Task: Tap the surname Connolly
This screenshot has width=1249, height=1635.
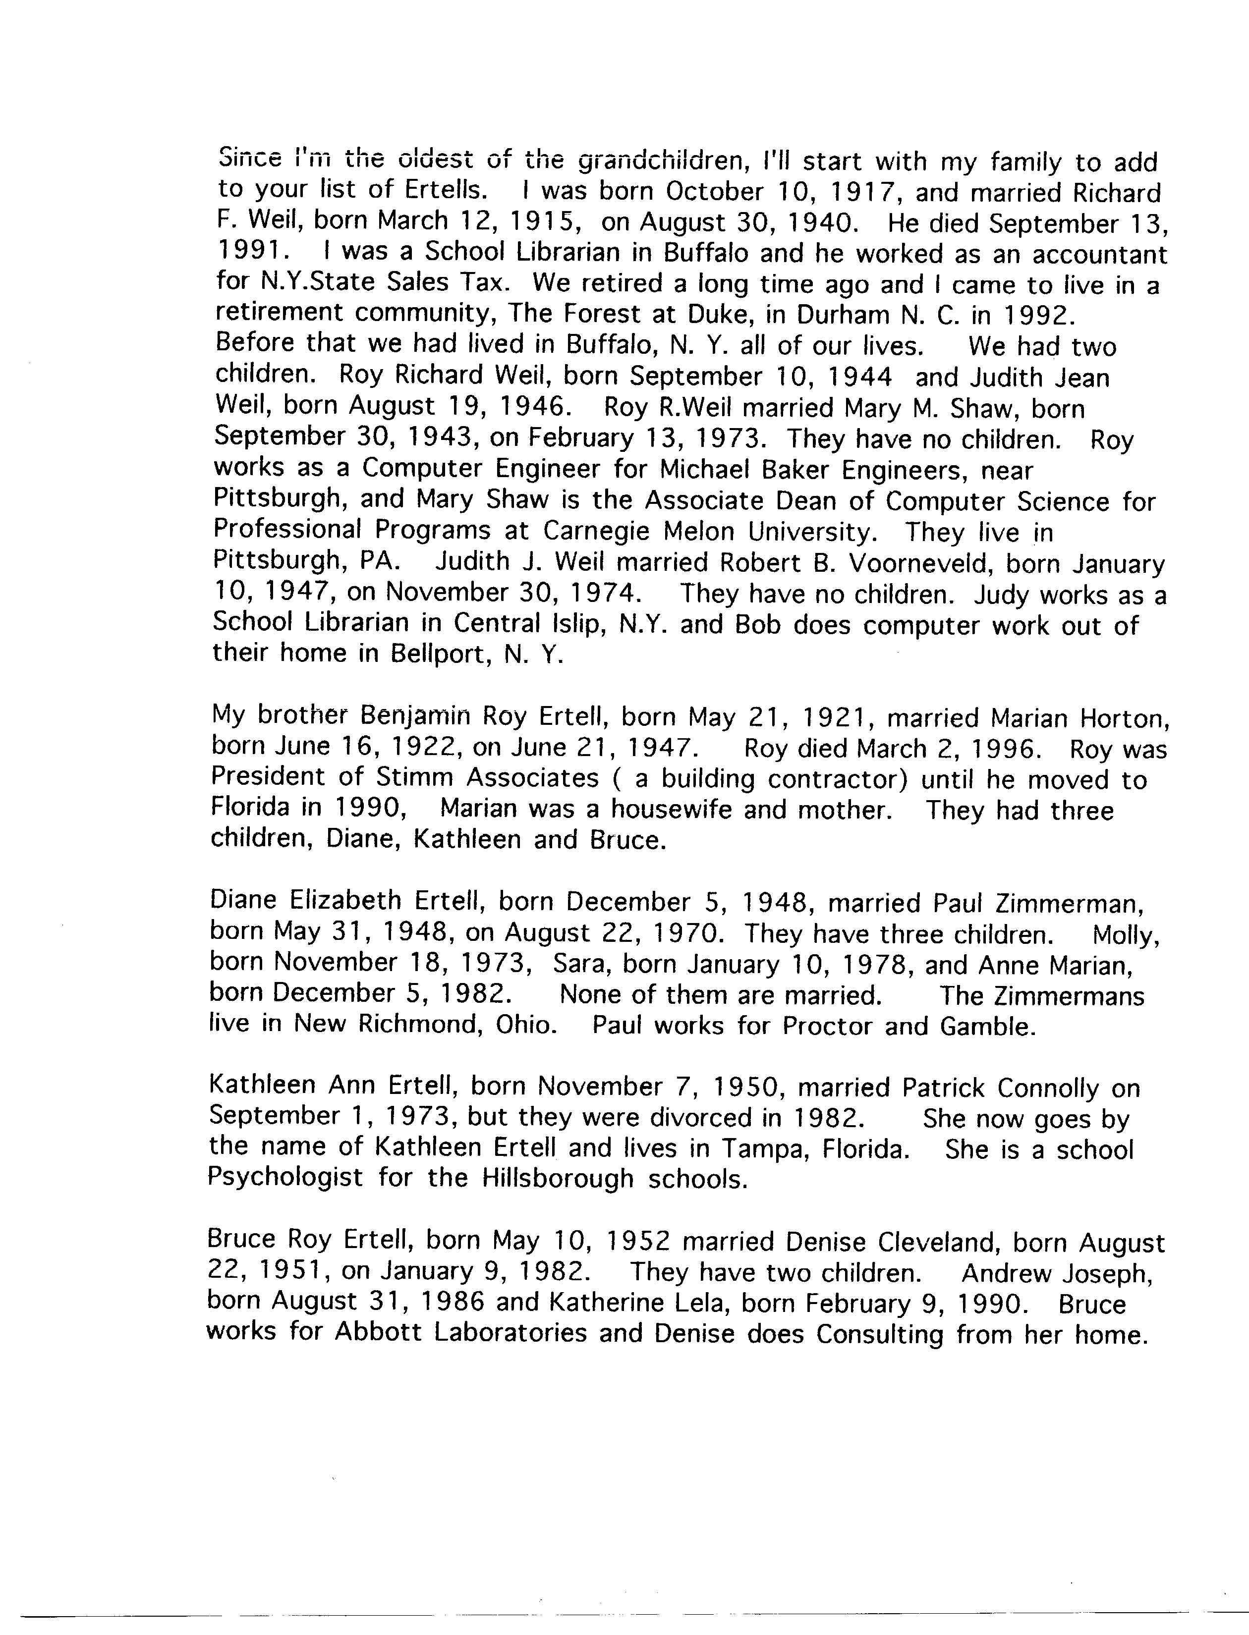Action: coord(1048,1088)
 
